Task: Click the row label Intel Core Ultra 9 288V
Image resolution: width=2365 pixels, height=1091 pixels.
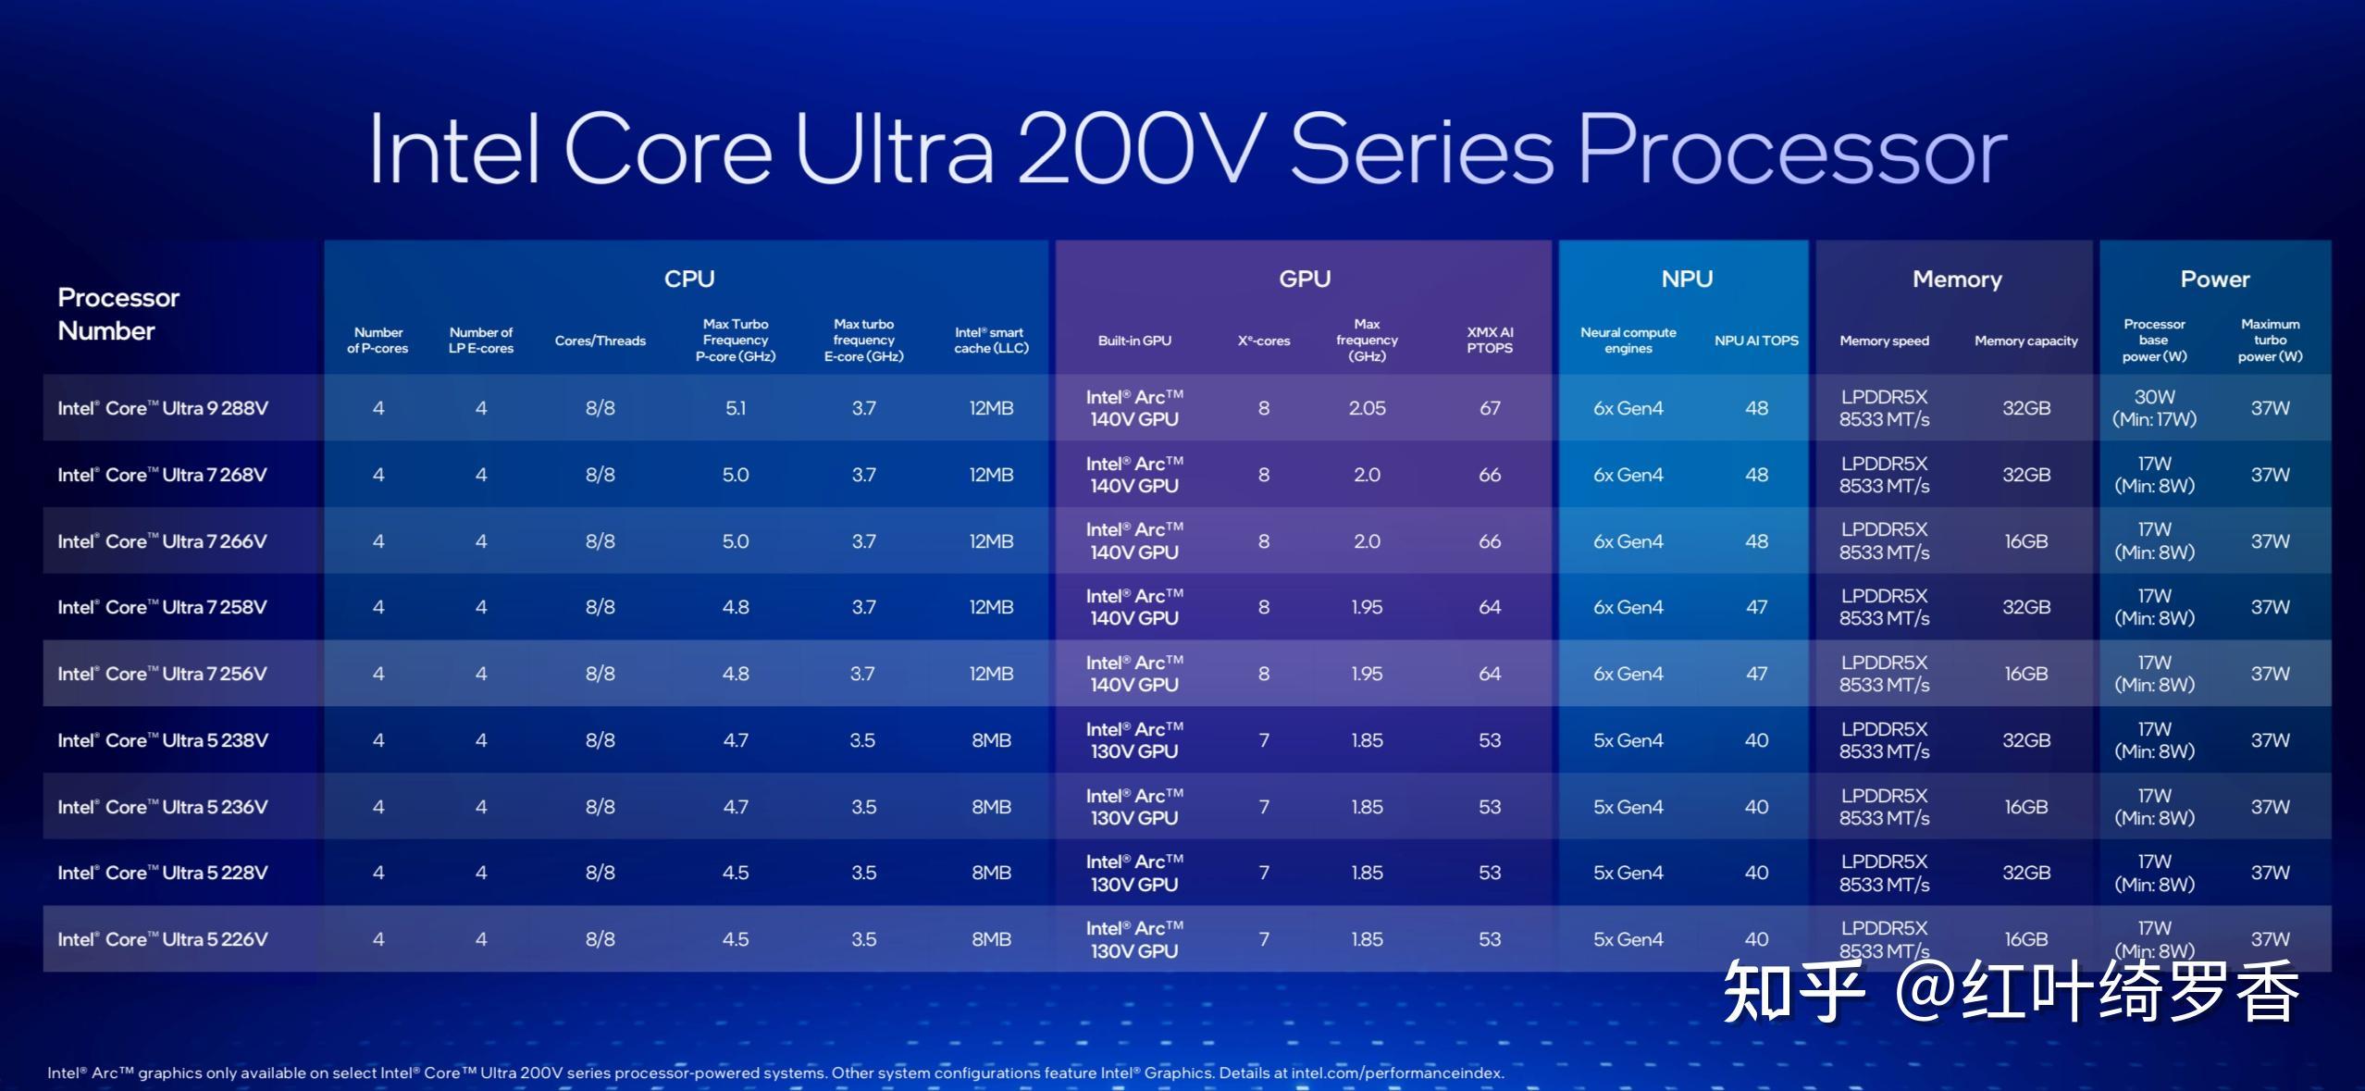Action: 163,408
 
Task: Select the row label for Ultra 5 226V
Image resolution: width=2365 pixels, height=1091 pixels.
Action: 163,939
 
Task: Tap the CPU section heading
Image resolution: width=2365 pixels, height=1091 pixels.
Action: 689,279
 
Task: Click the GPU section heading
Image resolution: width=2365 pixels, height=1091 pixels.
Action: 1305,279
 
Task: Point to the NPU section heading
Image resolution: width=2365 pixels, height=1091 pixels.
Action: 1687,279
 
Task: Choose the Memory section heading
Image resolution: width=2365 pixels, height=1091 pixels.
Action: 1957,279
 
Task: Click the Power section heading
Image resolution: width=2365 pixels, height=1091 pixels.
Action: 2214,279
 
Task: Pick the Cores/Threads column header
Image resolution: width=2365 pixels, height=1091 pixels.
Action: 601,341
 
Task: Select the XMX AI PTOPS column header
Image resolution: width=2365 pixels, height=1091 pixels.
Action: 1490,340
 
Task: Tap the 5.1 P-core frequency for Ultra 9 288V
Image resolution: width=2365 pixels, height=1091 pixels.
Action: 736,408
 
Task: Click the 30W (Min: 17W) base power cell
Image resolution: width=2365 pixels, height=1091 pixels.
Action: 2154,408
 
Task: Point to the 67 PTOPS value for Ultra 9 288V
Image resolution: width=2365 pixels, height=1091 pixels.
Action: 1490,408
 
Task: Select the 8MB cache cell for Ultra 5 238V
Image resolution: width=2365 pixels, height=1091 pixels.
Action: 991,740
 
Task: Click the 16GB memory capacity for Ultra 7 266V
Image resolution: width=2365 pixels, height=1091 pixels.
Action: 2026,541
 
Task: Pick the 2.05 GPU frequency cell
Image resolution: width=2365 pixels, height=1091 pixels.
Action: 1367,408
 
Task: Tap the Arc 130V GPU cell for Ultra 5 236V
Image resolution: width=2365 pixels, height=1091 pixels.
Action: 1134,807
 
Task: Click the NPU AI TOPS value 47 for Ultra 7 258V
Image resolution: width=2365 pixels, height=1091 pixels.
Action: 1756,607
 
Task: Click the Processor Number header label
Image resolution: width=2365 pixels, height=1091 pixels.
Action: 118,314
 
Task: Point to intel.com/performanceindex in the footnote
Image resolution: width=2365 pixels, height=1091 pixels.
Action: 1397,1073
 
